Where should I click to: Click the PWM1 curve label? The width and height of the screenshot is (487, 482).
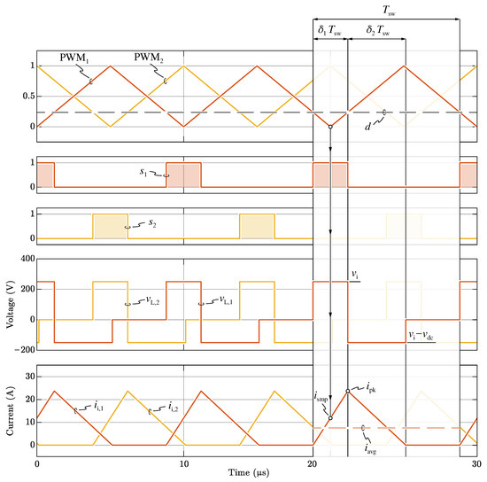74,58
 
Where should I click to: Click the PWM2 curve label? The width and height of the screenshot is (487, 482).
149,58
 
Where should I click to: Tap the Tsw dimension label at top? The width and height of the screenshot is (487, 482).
389,11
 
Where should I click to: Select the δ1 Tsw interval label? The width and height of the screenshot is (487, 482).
329,30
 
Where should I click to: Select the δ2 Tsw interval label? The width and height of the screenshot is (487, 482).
378,30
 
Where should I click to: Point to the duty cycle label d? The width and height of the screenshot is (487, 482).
367,126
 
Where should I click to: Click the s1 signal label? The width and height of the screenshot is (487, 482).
143,172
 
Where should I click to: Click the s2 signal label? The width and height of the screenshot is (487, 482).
152,222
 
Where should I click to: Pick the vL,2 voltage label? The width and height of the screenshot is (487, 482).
153,300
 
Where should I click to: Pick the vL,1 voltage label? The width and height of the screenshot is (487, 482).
226,299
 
